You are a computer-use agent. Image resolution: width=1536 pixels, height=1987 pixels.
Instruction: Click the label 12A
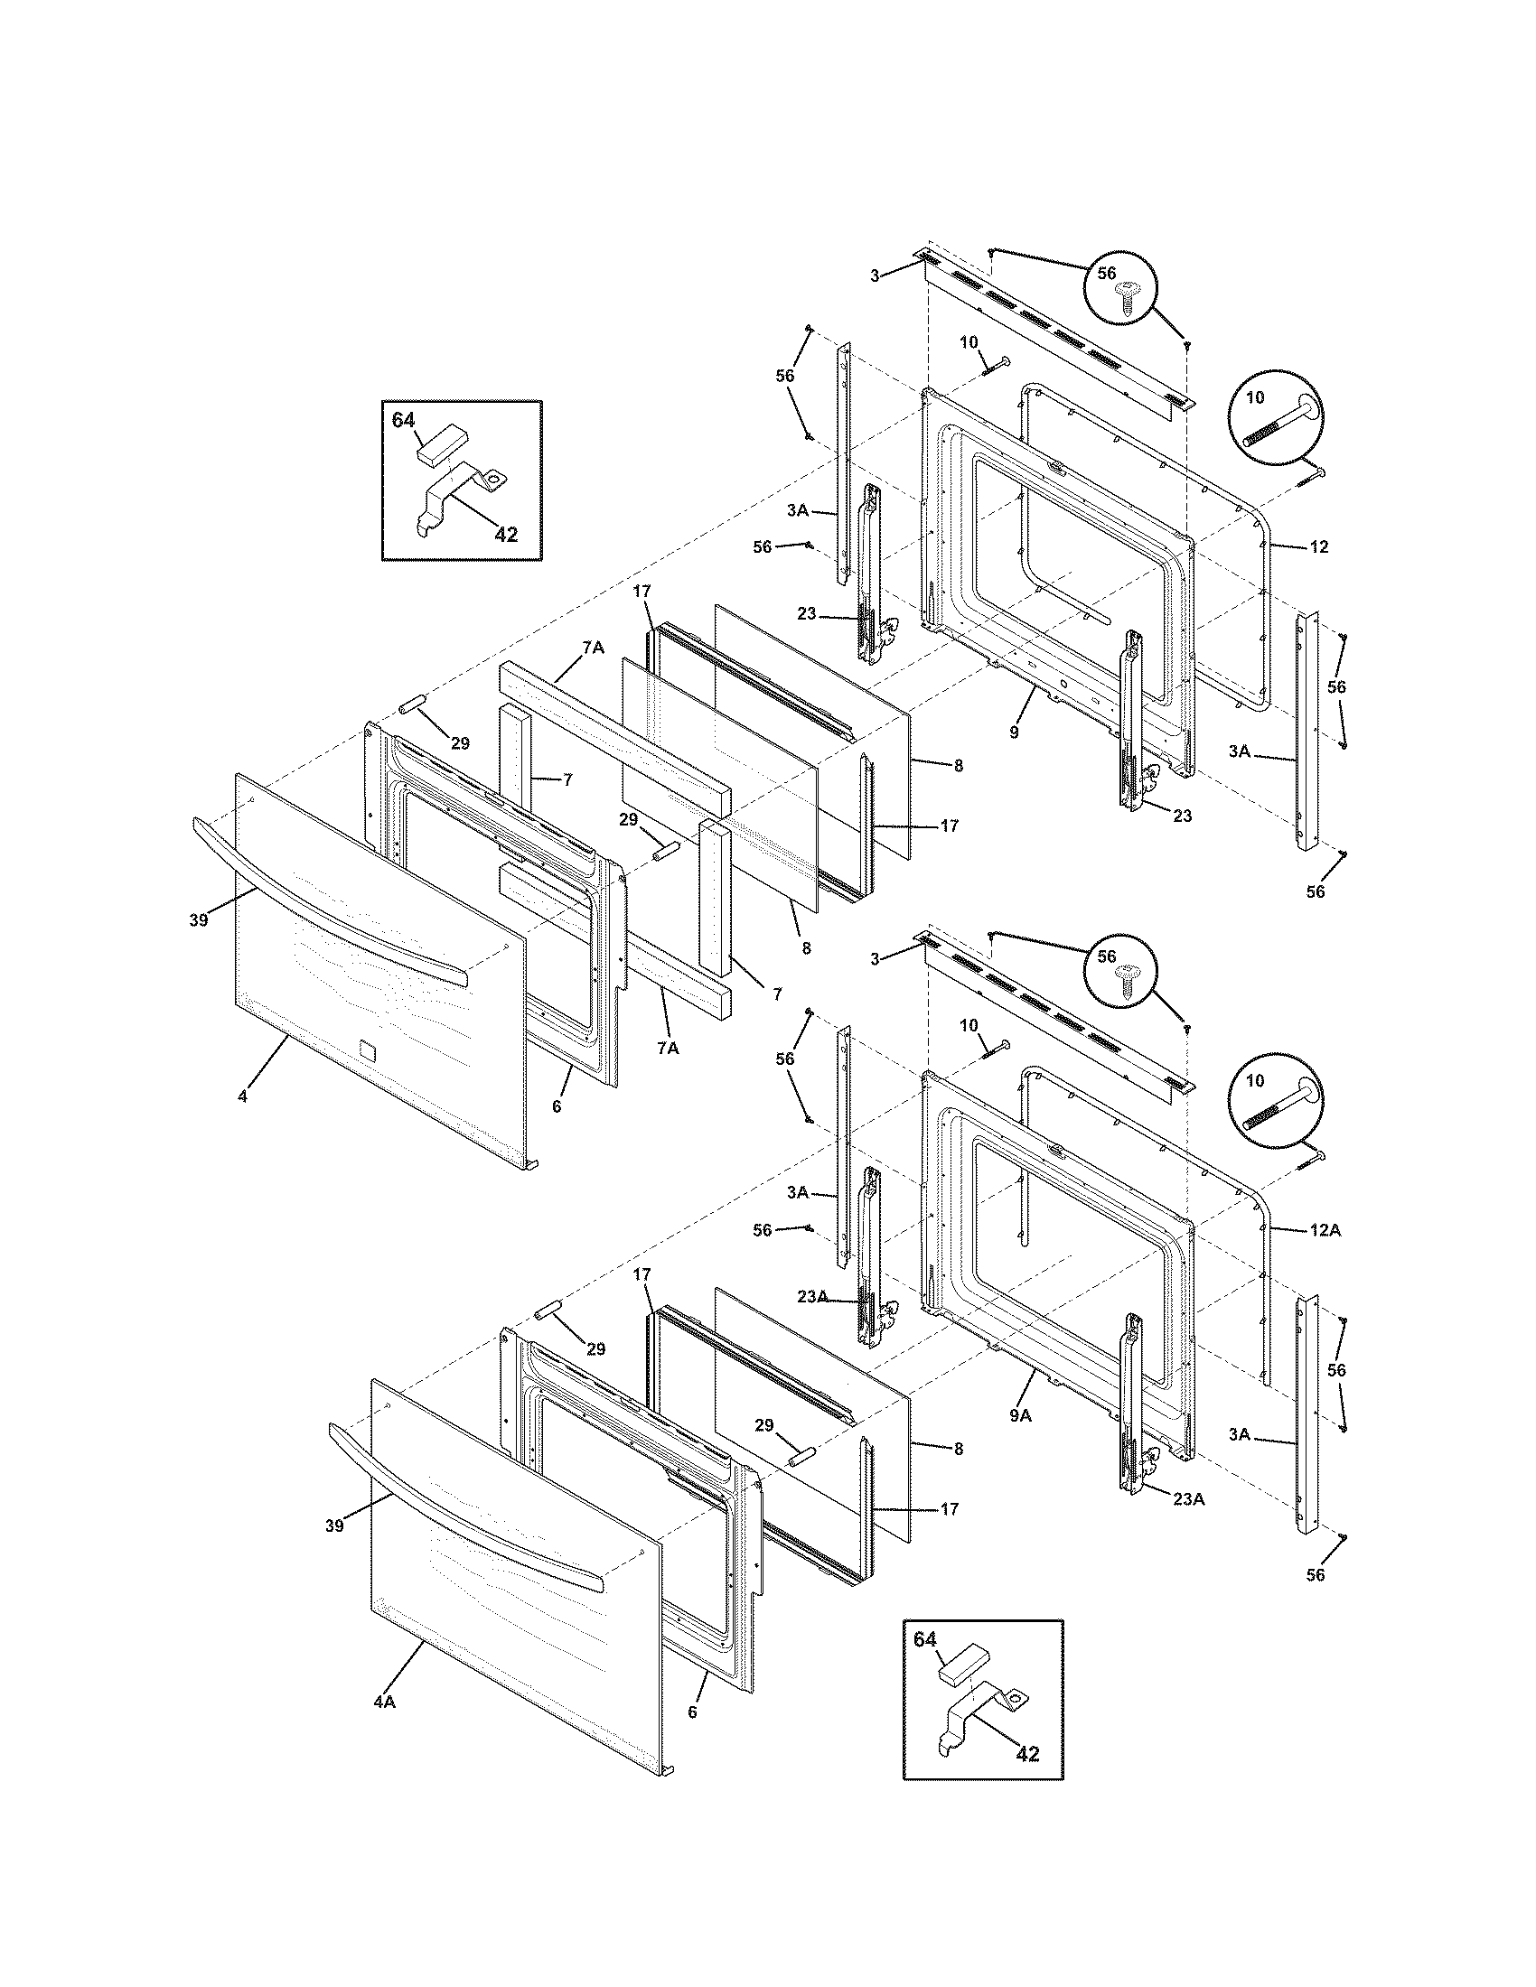[1325, 1230]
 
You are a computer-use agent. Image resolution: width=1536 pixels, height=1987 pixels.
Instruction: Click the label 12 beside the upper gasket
[1319, 546]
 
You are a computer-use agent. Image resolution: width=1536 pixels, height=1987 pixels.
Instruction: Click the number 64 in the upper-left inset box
[403, 420]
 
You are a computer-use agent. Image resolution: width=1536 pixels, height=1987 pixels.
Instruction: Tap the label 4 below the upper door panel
[242, 1096]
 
